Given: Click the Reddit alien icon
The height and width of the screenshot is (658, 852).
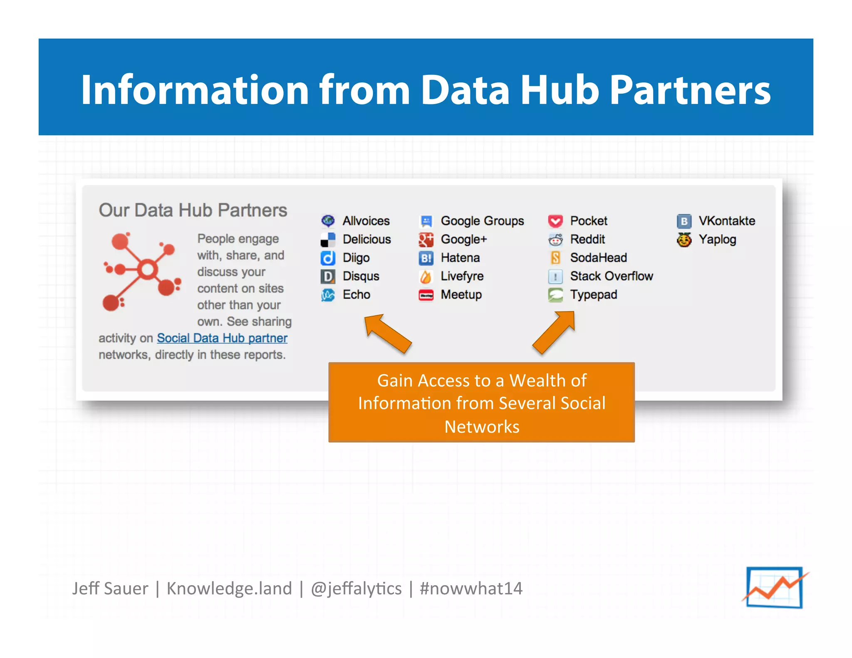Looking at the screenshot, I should tap(555, 240).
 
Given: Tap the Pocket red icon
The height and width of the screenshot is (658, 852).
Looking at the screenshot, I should tap(555, 221).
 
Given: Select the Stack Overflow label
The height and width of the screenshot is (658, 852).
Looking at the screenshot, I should tap(611, 276).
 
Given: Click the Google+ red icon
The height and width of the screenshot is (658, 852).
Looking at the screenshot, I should tap(426, 240).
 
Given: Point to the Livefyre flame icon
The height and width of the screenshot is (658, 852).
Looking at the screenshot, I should tap(426, 277).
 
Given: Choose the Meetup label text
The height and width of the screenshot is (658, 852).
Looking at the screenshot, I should tap(461, 294).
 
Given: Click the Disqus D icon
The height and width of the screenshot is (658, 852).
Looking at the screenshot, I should tap(328, 277).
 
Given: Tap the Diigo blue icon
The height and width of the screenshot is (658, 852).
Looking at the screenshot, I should tap(328, 258).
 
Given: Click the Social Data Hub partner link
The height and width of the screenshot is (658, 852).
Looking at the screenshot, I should tap(222, 338).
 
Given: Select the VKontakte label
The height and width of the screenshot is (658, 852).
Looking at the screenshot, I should tap(726, 221).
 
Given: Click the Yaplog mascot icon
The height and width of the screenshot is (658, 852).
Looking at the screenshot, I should tap(684, 240).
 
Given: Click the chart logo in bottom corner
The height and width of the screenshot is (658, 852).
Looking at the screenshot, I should tap(775, 587).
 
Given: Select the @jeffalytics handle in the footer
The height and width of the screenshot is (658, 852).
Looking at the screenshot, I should tap(356, 589).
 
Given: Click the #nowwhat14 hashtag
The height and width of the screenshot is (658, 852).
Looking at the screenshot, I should tap(471, 589).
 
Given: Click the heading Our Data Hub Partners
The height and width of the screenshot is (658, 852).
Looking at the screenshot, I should tap(193, 210).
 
